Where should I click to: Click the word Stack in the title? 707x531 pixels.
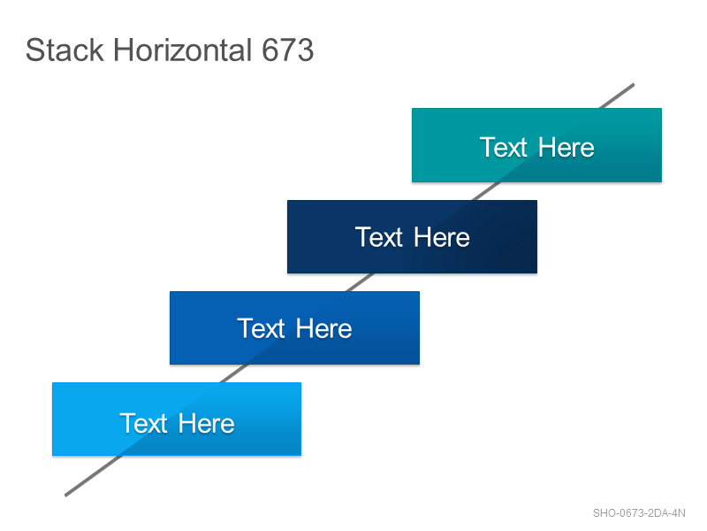(65, 50)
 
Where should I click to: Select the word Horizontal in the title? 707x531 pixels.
(183, 50)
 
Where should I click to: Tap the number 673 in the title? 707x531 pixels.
(288, 50)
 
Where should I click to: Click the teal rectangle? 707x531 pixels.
(536, 145)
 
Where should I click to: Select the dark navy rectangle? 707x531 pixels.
(412, 236)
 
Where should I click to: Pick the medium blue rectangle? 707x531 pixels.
(294, 327)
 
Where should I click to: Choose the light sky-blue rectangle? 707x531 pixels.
(177, 419)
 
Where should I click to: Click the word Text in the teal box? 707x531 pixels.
(503, 147)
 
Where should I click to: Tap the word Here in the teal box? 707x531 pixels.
(566, 147)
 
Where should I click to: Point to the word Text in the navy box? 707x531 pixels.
(379, 237)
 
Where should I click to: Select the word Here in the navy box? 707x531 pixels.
(442, 237)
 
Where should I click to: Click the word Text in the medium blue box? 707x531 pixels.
(261, 328)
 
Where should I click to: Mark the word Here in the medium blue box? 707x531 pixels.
(324, 328)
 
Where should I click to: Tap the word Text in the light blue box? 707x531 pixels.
(143, 424)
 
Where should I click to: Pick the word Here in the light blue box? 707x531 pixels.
(207, 424)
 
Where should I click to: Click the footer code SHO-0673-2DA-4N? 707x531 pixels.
(639, 513)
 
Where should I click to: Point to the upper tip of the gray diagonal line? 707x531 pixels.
(633, 84)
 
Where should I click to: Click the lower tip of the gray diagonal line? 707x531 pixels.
(66, 495)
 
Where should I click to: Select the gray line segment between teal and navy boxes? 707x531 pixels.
(486, 191)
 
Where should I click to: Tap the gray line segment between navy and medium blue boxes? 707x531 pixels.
(360, 282)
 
